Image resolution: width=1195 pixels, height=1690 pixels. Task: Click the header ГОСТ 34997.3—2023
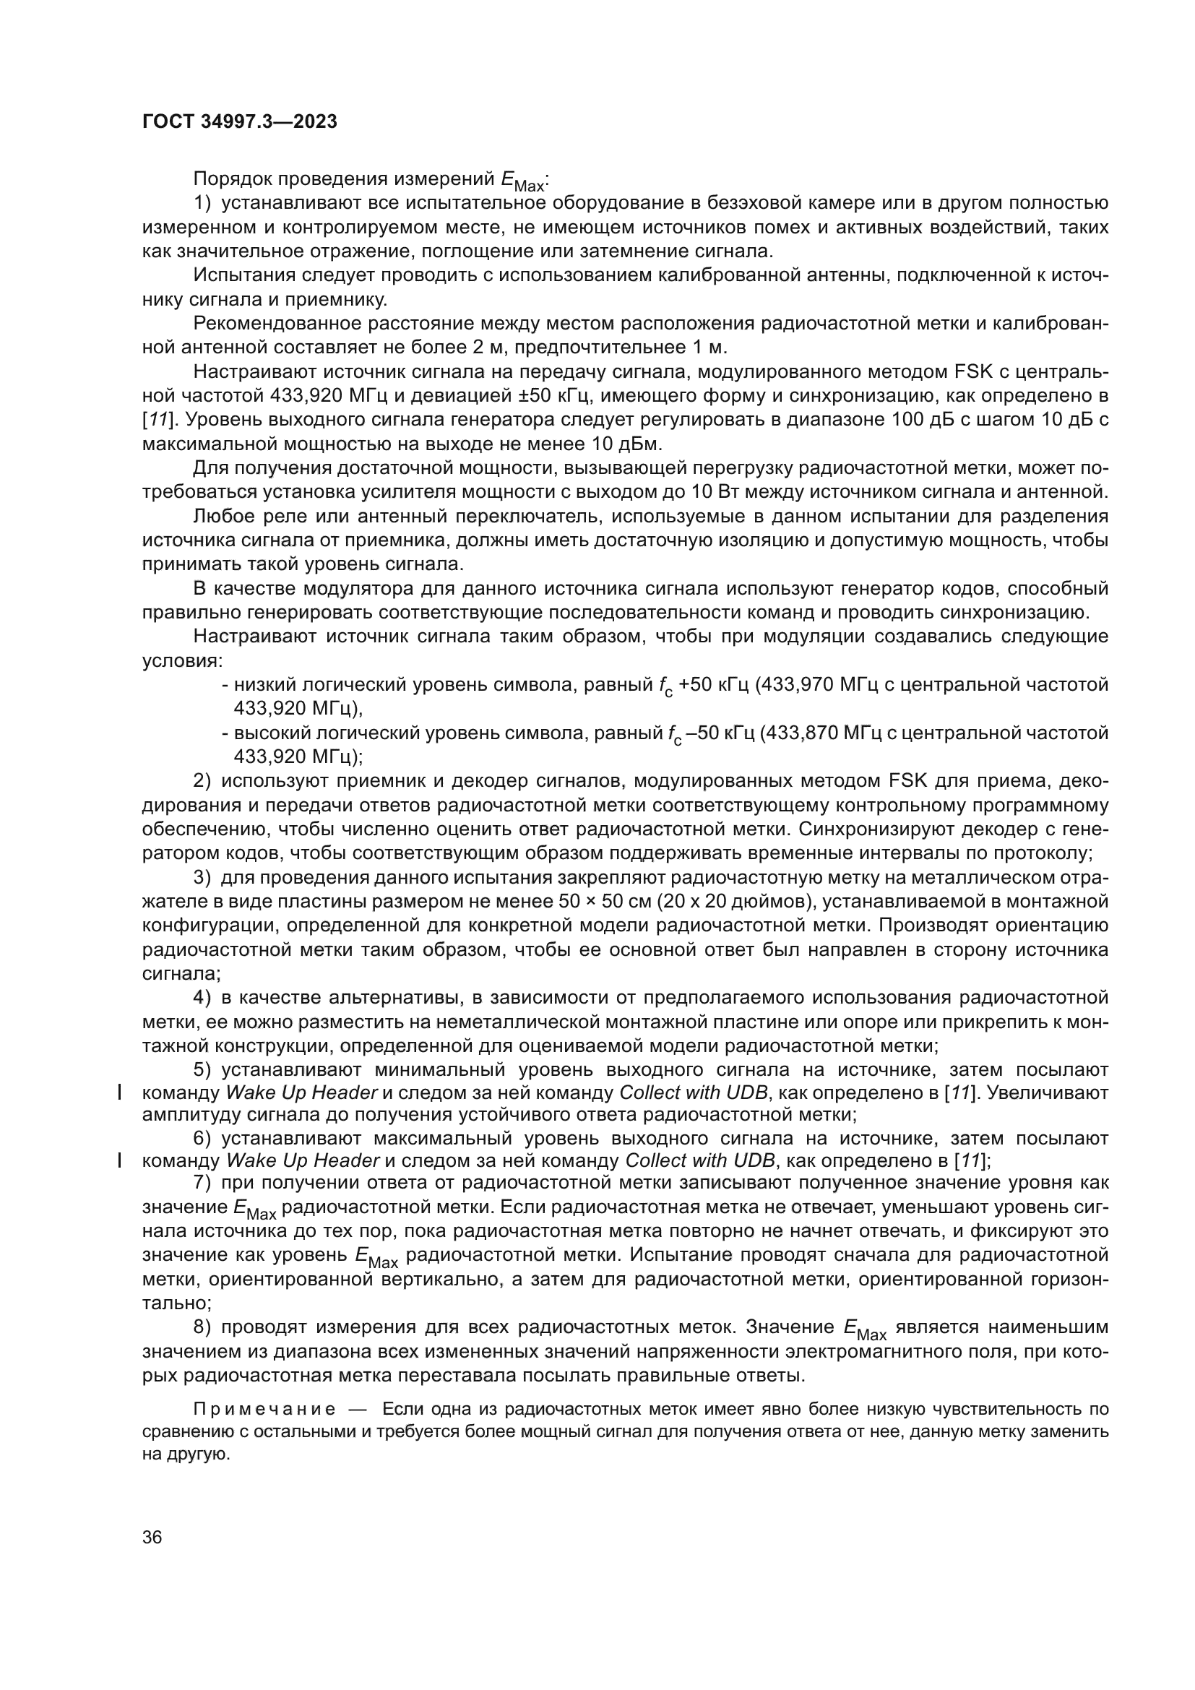pyautogui.click(x=239, y=122)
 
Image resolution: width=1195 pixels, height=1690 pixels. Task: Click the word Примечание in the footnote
pyautogui.click(x=264, y=1410)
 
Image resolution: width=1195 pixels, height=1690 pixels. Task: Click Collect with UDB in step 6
pyautogui.click(x=699, y=1161)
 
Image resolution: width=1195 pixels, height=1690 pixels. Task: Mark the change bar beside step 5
pyautogui.click(x=119, y=1092)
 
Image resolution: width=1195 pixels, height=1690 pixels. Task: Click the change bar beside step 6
pyautogui.click(x=119, y=1161)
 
